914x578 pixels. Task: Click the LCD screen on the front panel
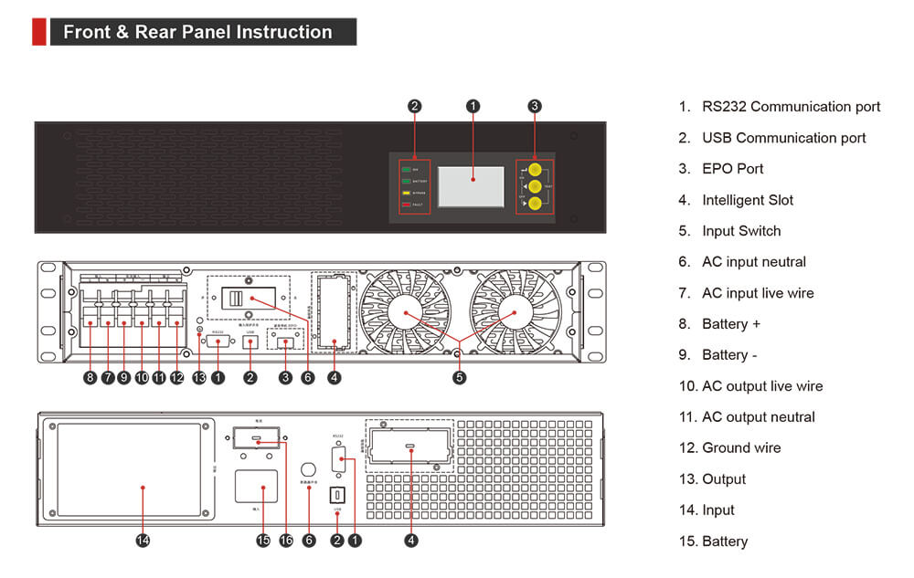[471, 186]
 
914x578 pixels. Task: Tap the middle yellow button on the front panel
[535, 186]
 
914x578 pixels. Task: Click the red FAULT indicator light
[406, 205]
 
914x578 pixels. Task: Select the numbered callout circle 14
[143, 541]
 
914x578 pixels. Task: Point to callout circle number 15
[263, 541]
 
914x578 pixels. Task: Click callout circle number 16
[285, 541]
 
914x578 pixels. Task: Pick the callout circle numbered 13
[199, 376]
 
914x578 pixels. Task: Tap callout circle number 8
[90, 376]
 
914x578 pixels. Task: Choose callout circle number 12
[176, 376]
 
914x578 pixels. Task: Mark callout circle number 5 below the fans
[459, 376]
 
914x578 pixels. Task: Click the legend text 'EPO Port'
[732, 169]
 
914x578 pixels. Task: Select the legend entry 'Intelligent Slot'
[747, 200]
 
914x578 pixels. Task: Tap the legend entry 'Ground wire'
[741, 448]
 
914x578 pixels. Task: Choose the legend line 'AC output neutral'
[758, 417]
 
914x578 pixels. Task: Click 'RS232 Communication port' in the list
[791, 107]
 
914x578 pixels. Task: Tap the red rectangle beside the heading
[38, 32]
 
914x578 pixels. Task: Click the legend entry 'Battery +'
[730, 324]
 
